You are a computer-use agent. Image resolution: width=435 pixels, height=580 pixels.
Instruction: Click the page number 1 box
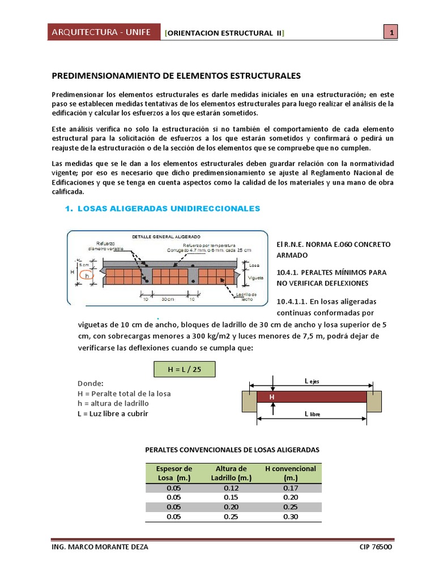[x=390, y=33]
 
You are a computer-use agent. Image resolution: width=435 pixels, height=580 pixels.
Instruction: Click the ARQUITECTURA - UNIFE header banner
[x=101, y=32]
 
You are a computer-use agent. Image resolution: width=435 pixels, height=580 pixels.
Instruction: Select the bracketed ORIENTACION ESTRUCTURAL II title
[x=224, y=33]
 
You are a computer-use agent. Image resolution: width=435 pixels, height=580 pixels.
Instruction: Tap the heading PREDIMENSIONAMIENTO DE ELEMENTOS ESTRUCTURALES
[x=176, y=75]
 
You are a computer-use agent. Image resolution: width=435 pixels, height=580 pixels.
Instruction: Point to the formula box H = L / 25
[x=185, y=369]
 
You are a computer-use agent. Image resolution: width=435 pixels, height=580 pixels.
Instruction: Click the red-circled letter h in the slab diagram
[x=86, y=275]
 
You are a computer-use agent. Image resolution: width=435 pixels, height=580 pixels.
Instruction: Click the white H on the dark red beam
[x=272, y=398]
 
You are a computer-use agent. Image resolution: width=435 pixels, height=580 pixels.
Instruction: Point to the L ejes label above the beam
[x=312, y=381]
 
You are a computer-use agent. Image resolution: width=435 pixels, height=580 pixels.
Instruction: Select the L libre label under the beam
[x=312, y=414]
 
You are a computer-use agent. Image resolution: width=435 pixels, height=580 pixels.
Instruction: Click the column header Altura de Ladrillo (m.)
[x=231, y=473]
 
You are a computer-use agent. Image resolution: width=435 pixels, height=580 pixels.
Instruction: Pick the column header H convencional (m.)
[x=291, y=473]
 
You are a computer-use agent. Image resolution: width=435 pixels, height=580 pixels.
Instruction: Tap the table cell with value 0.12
[x=231, y=488]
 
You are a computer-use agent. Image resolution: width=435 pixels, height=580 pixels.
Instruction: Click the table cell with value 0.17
[x=291, y=488]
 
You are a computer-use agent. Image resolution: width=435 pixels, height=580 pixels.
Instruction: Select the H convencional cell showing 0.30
[x=291, y=517]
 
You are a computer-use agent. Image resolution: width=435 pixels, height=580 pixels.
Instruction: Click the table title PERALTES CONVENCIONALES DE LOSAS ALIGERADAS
[x=233, y=449]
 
